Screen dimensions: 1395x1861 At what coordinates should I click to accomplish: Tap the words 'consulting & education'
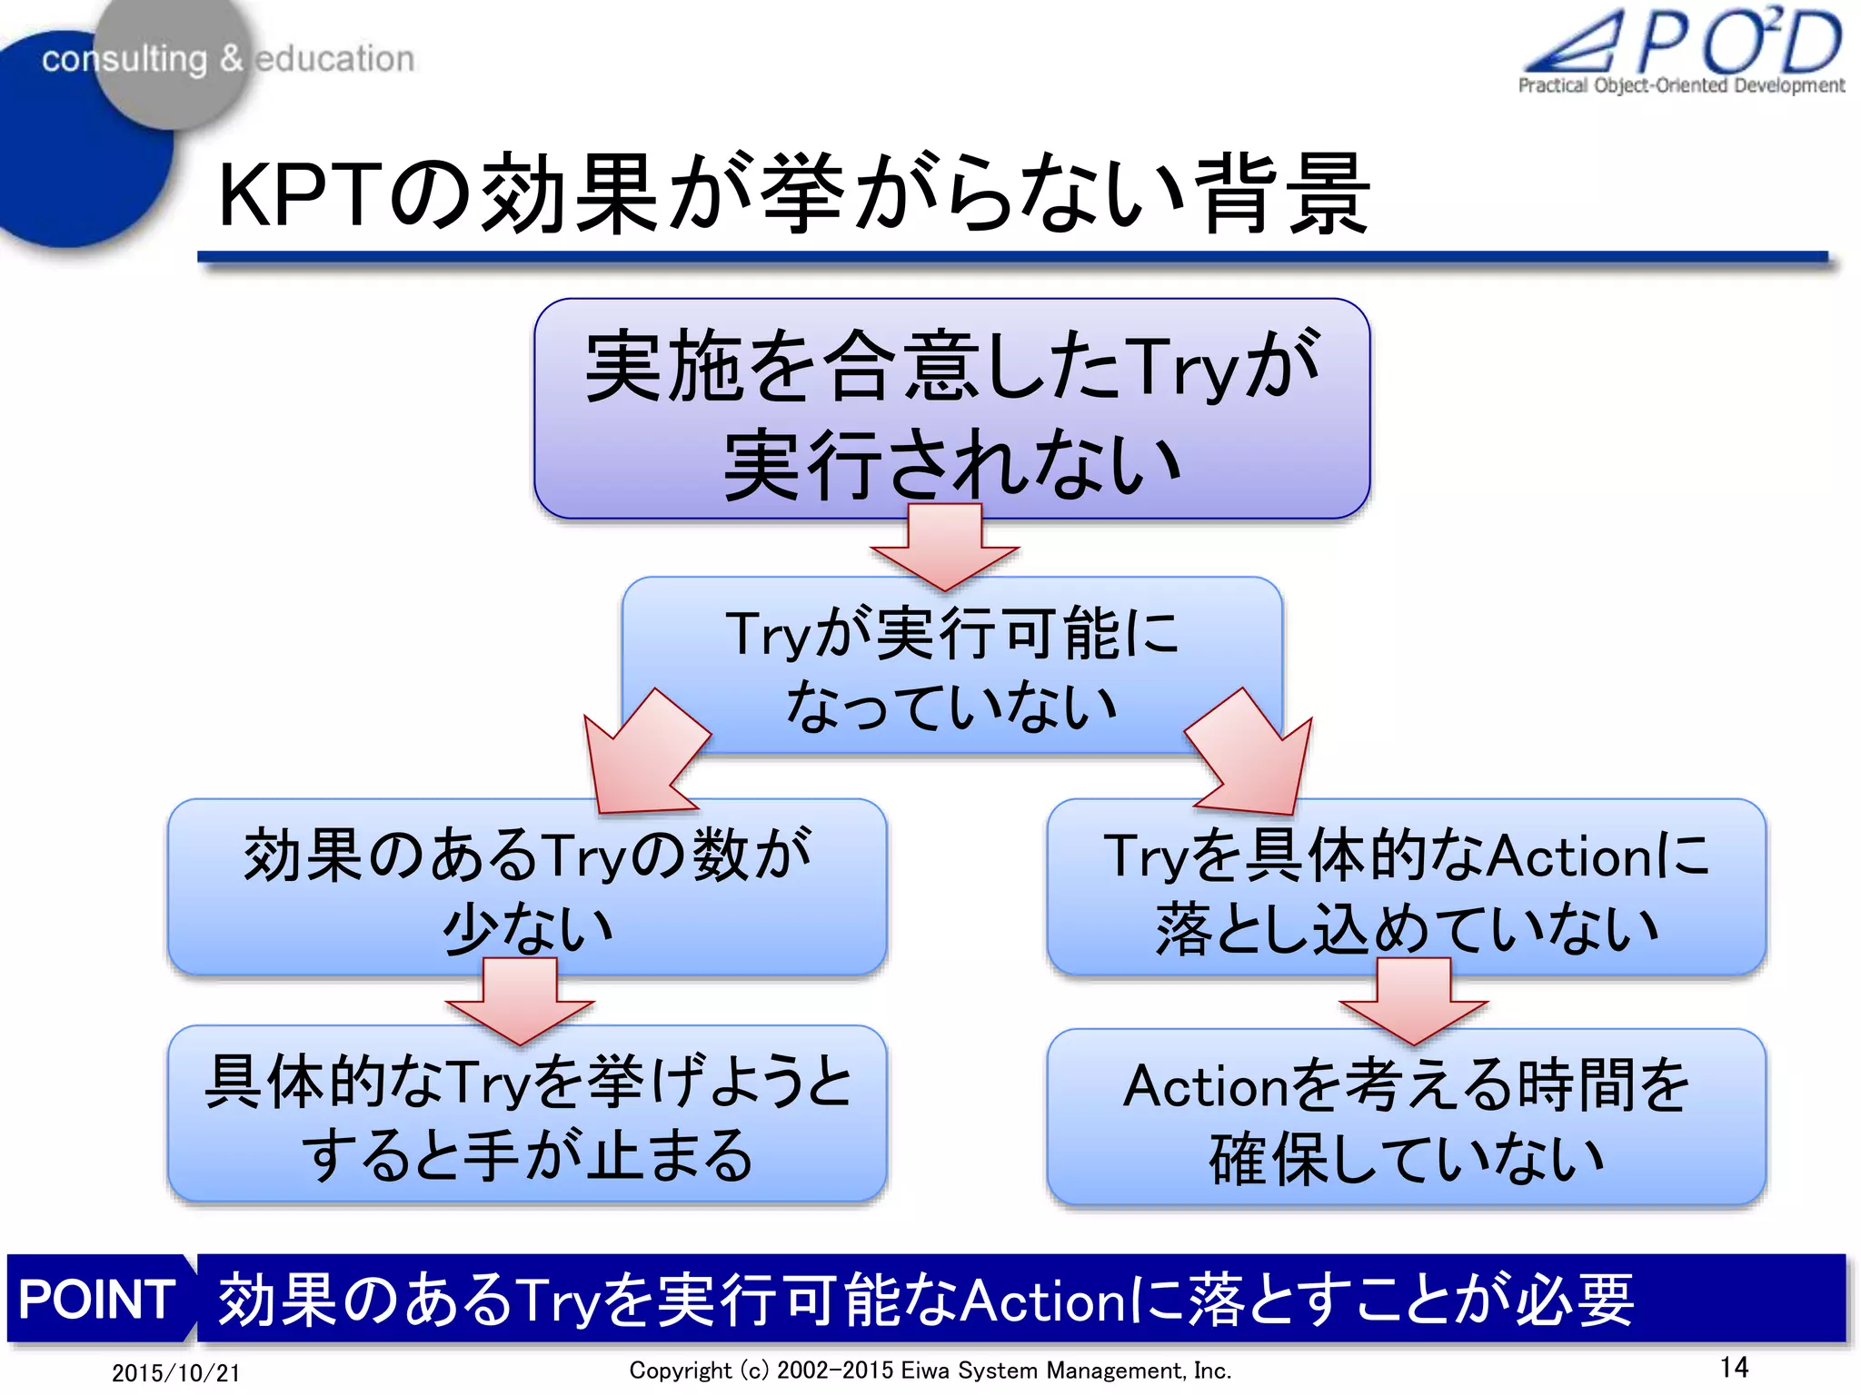click(227, 59)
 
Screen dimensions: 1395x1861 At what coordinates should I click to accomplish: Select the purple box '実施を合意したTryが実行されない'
click(951, 409)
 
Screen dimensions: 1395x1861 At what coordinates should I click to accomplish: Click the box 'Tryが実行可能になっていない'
click(951, 668)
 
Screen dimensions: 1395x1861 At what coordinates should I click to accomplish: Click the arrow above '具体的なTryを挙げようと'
click(520, 1000)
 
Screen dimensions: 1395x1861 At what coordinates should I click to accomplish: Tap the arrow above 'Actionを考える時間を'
click(1413, 1000)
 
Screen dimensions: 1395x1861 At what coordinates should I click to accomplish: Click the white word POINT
click(96, 1299)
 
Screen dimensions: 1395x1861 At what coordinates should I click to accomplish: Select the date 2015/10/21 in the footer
click(176, 1372)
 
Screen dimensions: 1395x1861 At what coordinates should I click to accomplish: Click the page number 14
click(1734, 1367)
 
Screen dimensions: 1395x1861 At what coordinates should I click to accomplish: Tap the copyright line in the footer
click(930, 1370)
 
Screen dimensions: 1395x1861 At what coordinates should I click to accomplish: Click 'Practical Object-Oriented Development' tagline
click(1681, 85)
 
